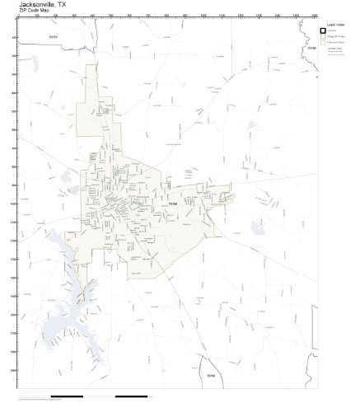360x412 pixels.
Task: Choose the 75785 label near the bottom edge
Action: [x=211, y=377]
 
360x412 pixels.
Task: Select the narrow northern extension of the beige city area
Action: [x=86, y=124]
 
